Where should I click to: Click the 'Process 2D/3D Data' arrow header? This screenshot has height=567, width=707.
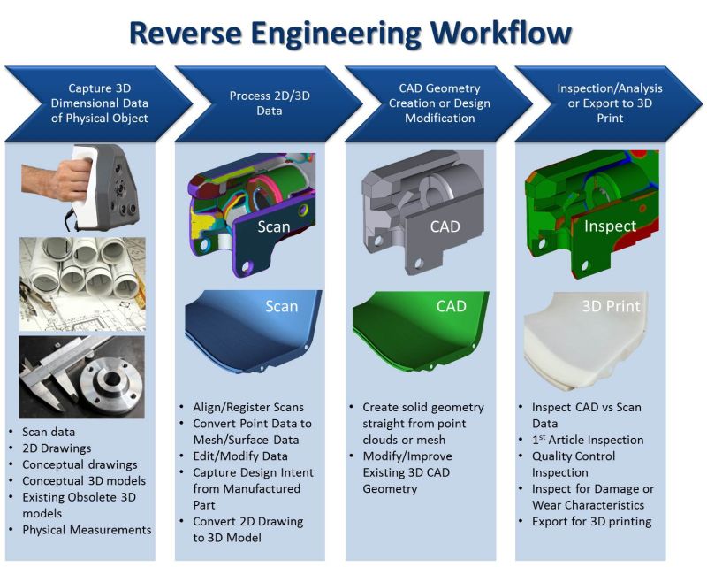click(x=256, y=103)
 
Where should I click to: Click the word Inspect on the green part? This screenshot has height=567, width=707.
click(x=610, y=226)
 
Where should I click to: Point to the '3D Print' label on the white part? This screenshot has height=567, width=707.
click(x=610, y=307)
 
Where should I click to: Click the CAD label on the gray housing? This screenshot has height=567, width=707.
click(x=444, y=226)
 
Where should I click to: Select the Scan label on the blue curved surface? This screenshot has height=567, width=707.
click(x=281, y=307)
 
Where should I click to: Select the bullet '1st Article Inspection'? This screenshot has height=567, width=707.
click(x=587, y=440)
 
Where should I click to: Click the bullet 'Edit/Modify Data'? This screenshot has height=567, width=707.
click(x=238, y=456)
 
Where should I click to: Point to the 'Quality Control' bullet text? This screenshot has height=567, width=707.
click(x=575, y=456)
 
